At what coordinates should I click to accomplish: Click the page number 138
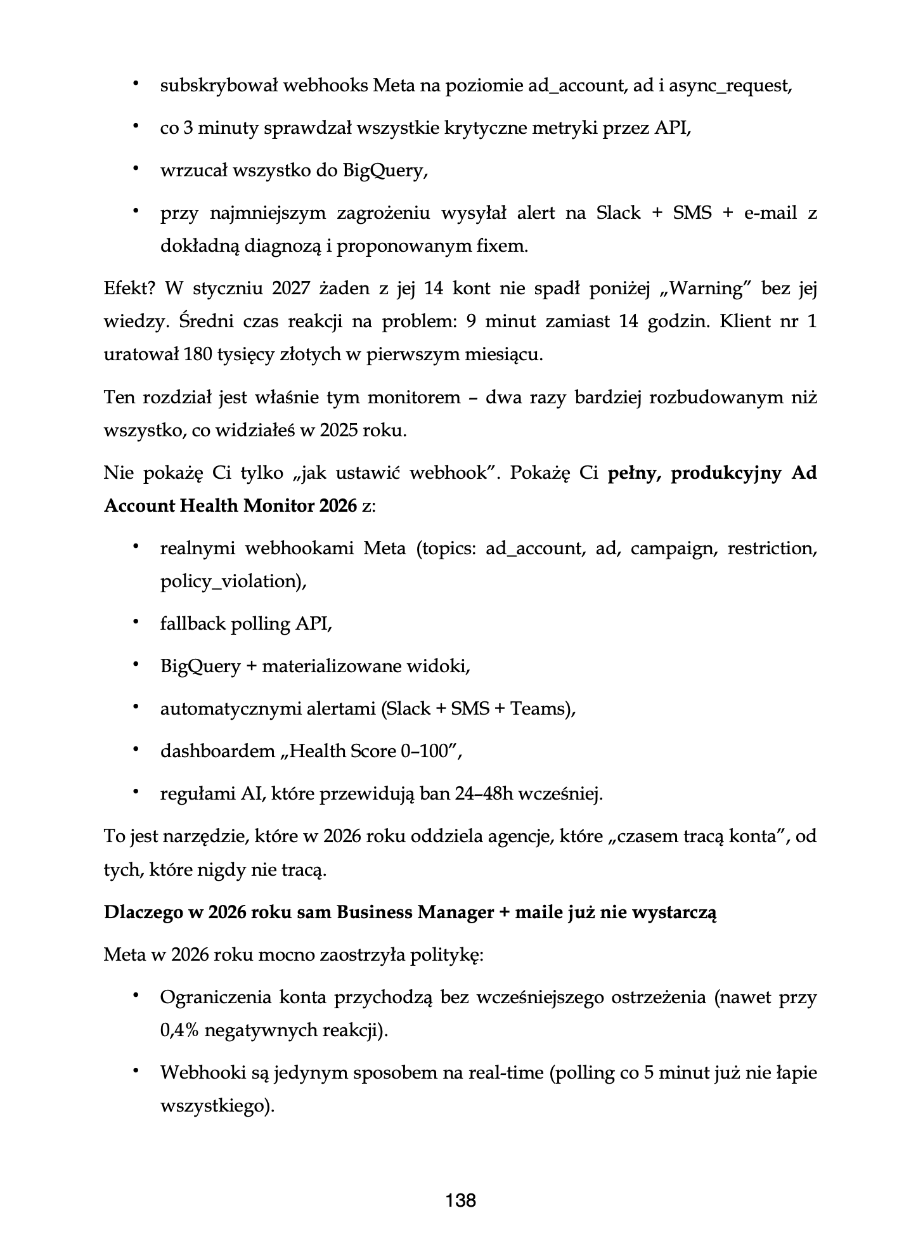click(461, 1200)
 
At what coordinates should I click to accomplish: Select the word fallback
click(191, 624)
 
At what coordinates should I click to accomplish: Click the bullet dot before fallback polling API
click(135, 623)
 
